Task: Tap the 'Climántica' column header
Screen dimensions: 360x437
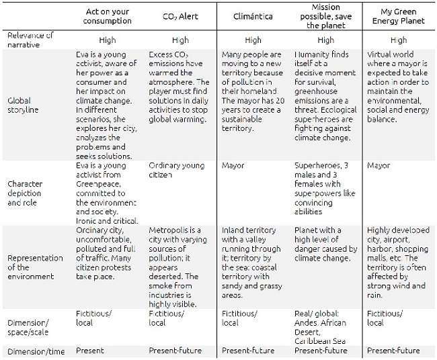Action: tap(252, 15)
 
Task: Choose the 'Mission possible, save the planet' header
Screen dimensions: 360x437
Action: tap(325, 15)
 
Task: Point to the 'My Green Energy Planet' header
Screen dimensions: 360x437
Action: tap(398, 15)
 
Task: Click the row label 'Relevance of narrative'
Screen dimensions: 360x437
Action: tap(32, 39)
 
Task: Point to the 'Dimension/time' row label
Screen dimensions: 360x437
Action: tap(36, 350)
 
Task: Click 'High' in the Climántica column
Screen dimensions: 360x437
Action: tap(253, 40)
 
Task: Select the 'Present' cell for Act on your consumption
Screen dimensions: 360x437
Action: tap(90, 350)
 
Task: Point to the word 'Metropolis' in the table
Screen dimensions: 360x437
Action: tap(167, 230)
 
